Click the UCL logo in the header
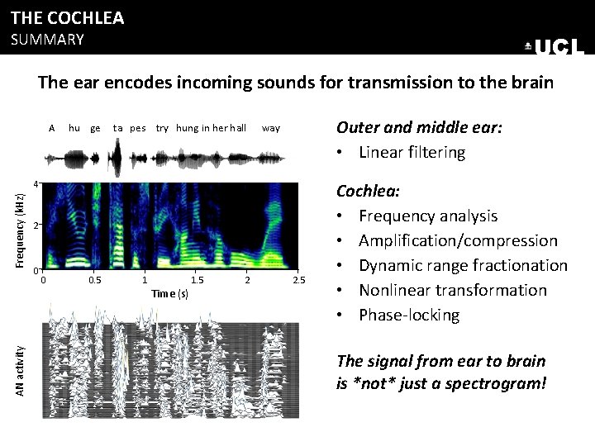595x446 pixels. [x=555, y=47]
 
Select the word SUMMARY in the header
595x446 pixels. [x=47, y=40]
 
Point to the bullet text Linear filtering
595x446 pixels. [x=412, y=152]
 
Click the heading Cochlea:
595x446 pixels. [x=369, y=191]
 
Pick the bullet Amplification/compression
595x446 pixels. [x=458, y=240]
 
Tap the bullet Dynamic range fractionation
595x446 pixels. [x=463, y=265]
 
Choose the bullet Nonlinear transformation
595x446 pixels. [x=452, y=290]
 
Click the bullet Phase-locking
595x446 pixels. [x=408, y=315]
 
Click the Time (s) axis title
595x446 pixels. [x=170, y=293]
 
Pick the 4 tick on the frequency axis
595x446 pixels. [x=36, y=183]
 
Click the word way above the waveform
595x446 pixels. [x=271, y=128]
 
